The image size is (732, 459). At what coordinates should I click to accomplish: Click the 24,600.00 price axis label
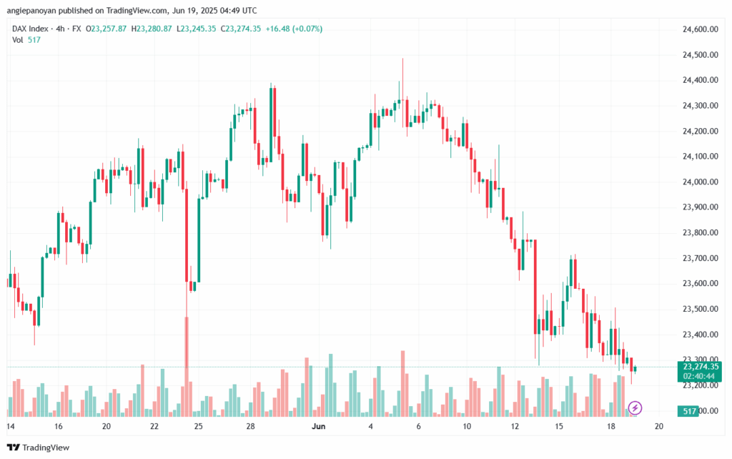[694, 29]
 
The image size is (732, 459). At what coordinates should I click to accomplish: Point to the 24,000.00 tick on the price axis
[694, 182]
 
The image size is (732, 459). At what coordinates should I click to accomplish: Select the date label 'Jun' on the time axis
[320, 426]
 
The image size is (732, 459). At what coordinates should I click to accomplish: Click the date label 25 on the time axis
[198, 426]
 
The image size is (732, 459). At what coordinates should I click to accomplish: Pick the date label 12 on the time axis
[515, 426]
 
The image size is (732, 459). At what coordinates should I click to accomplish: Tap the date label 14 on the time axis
[11, 426]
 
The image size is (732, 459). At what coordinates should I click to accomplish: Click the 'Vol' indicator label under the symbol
[17, 40]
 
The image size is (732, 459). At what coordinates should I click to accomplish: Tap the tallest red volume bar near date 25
[187, 365]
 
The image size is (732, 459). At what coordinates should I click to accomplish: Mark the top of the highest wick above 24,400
[402, 59]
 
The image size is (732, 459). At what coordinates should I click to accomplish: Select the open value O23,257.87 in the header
[107, 29]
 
